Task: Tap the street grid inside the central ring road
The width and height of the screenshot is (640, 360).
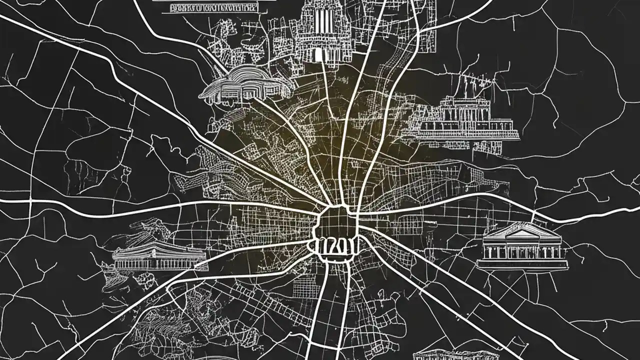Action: point(335,222)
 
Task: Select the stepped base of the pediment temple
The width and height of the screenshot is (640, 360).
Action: point(521,263)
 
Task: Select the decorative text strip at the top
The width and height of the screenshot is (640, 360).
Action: point(214,7)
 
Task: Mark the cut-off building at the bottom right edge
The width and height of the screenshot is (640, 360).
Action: point(450,355)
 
